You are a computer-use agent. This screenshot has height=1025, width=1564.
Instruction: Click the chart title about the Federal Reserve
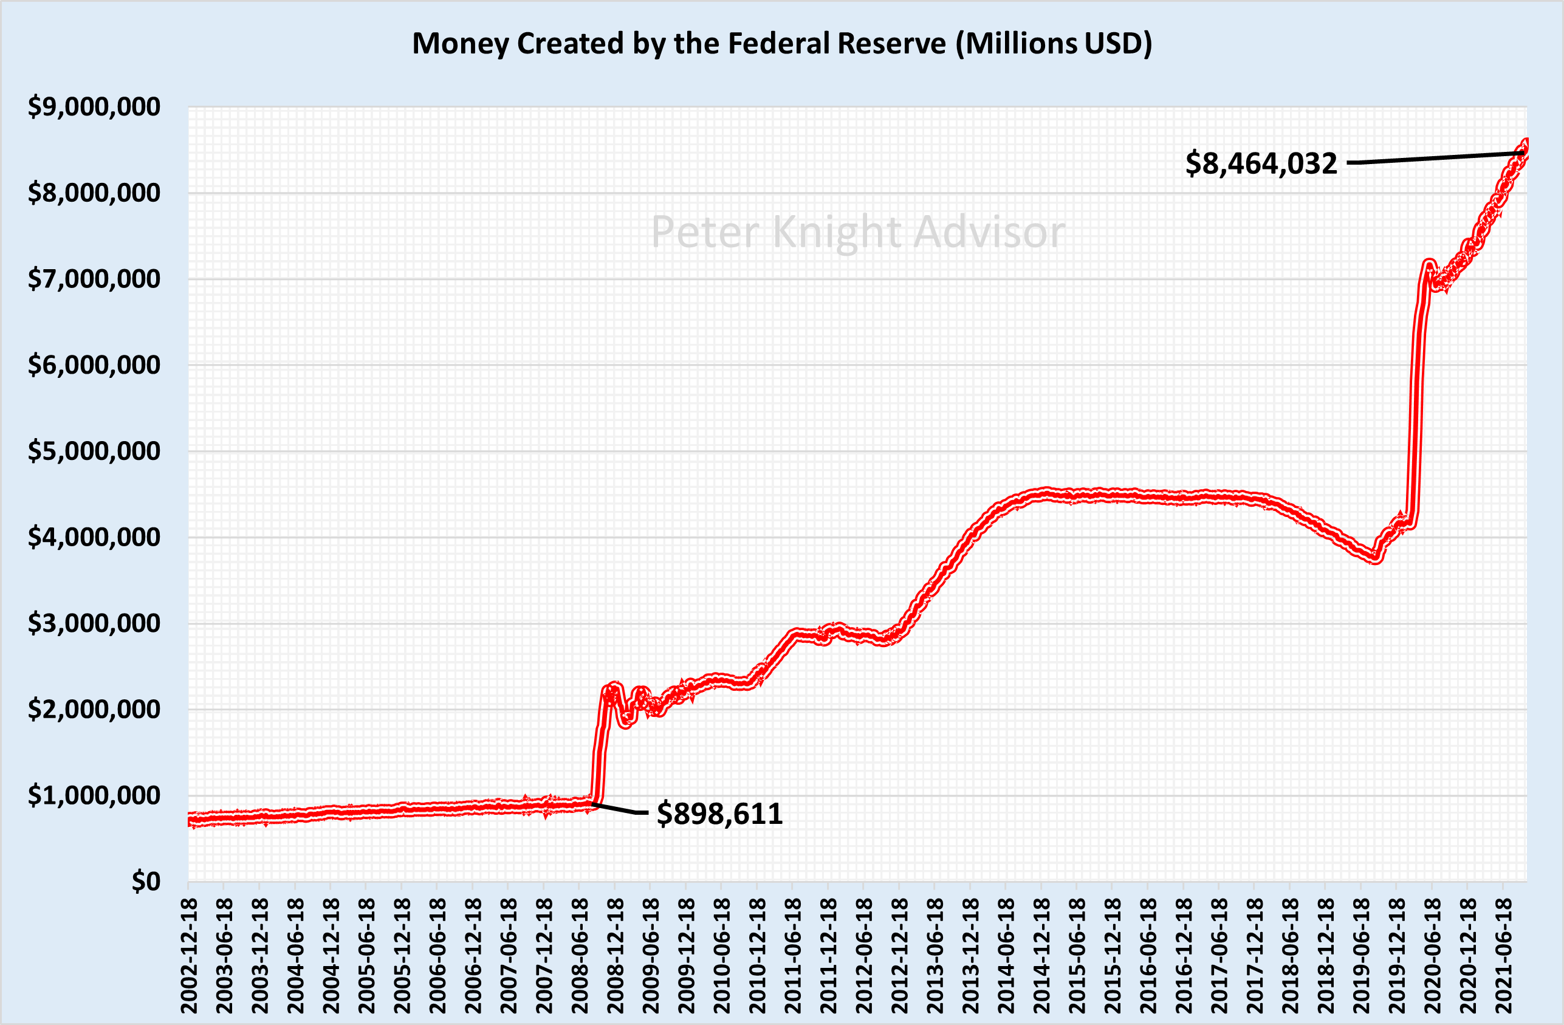coord(781,44)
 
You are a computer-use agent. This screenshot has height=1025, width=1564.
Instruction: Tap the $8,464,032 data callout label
coord(1261,163)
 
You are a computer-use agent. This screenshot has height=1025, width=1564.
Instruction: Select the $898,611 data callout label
coord(719,814)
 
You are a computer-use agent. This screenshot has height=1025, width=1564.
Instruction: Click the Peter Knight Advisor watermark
coord(857,232)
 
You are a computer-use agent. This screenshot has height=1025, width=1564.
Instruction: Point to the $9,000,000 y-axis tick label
coord(94,106)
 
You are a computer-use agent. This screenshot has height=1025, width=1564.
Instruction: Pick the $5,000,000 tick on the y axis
coord(94,451)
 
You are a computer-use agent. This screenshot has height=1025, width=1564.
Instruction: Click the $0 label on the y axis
coord(145,882)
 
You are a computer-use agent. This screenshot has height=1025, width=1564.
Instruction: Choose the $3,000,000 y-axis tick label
coord(94,623)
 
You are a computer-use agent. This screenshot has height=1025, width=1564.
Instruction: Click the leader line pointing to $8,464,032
coord(1433,158)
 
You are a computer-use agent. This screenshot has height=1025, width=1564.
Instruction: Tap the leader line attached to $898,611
coord(621,809)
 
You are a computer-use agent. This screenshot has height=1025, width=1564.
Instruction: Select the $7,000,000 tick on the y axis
coord(94,279)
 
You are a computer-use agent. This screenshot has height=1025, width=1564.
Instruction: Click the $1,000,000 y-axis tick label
coord(94,796)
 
